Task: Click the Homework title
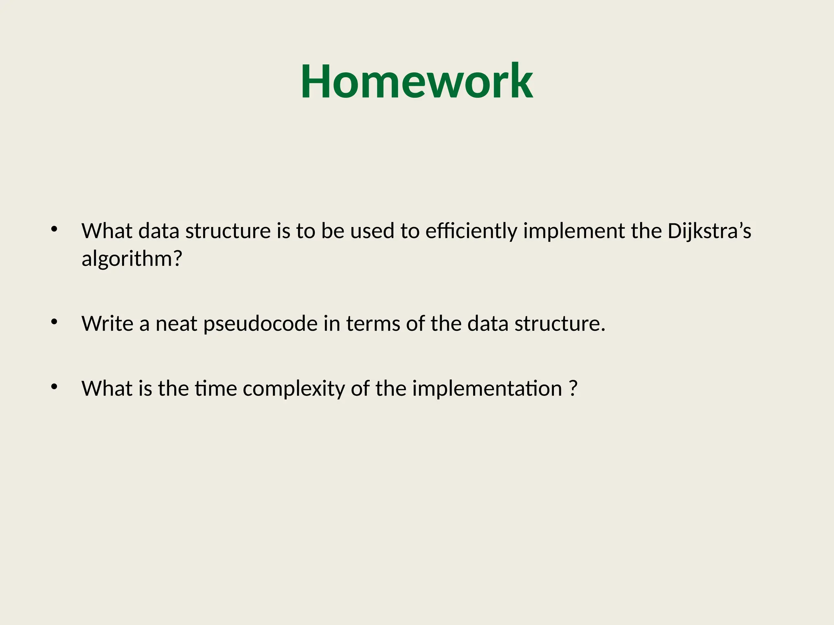417,81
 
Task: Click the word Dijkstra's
709,231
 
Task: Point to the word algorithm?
132,259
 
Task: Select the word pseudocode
260,324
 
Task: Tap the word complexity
294,389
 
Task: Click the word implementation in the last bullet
487,389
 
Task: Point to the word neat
176,324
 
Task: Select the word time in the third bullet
215,389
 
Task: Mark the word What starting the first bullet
107,231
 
